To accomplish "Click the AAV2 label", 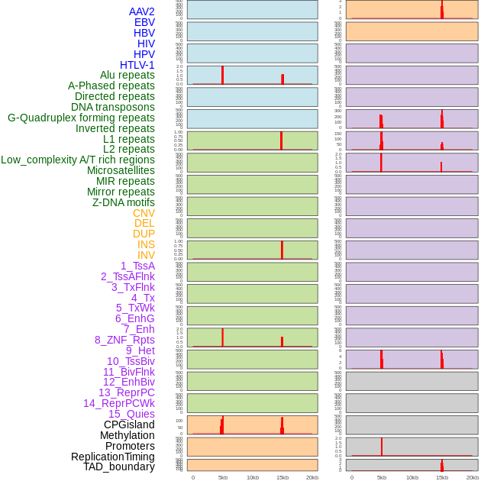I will [x=142, y=11].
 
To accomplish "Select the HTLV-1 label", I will [x=137, y=65].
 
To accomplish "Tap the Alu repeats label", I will [x=128, y=75].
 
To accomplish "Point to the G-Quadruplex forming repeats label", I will [x=81, y=118].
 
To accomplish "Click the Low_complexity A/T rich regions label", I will [x=78, y=160].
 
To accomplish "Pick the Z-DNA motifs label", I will [x=124, y=202].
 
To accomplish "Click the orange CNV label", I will [x=144, y=213].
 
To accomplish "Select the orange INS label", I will [x=146, y=244].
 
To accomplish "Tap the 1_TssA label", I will [x=137, y=266].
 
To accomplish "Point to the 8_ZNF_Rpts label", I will [x=124, y=340].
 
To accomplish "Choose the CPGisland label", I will [x=129, y=425].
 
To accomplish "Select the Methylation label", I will [x=128, y=435].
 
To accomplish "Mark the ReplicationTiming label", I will [x=113, y=457].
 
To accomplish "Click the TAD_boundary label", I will [x=119, y=466].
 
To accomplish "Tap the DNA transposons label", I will [x=113, y=107].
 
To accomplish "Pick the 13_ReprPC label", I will [x=127, y=392].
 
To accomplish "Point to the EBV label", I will [x=144, y=22].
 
